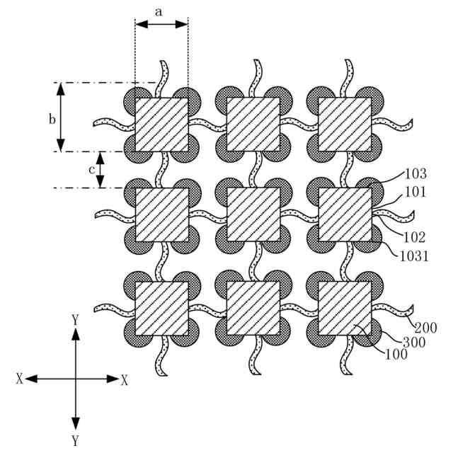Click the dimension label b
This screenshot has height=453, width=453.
[52, 119]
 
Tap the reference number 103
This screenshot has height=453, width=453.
[415, 172]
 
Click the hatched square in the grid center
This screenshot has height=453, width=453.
[253, 214]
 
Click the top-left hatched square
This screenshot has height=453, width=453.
[162, 124]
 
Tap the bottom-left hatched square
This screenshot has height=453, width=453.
[162, 308]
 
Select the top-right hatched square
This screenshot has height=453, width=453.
[345, 124]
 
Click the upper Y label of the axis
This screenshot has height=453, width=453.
[75, 320]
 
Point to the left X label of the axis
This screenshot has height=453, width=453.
[19, 379]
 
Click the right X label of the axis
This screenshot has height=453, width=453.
[125, 379]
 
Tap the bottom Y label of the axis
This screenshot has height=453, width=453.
[75, 440]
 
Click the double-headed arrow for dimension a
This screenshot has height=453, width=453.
[161, 24]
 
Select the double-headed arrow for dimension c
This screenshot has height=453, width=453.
[101, 170]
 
